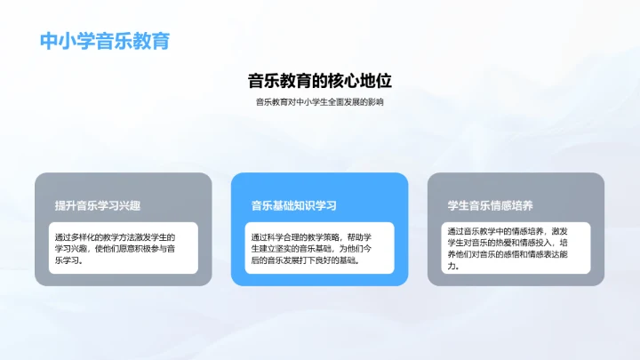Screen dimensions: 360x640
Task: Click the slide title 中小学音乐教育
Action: coord(105,42)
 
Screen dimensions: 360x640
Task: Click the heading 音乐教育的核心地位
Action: coord(319,81)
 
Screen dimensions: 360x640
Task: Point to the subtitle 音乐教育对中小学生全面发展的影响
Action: coord(319,102)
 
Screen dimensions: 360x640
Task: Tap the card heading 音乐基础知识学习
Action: coord(293,206)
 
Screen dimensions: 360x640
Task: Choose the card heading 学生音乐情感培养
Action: coord(490,206)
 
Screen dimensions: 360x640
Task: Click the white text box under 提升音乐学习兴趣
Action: coord(124,249)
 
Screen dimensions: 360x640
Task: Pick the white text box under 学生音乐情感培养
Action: coord(516,247)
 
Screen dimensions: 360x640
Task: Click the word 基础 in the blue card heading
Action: coord(282,206)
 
